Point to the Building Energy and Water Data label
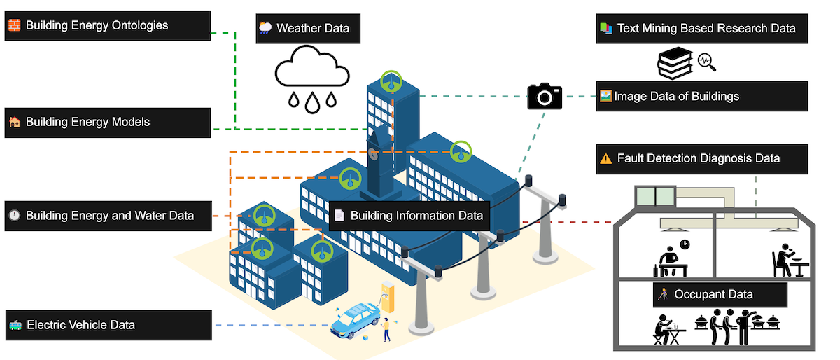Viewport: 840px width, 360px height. click(x=108, y=216)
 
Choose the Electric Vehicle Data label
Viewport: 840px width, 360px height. click(x=108, y=325)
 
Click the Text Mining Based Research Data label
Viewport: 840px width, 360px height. click(x=702, y=29)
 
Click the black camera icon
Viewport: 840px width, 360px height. click(x=545, y=96)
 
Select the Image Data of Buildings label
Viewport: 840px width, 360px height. click(x=702, y=96)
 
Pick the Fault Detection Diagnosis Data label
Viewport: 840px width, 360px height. click(x=702, y=159)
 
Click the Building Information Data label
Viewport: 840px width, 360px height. click(x=409, y=216)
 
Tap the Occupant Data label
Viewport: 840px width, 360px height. click(x=720, y=295)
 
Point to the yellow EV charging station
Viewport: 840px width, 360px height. click(x=387, y=297)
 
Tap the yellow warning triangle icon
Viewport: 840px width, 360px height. click(x=605, y=159)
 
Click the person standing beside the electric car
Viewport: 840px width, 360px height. click(x=385, y=330)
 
